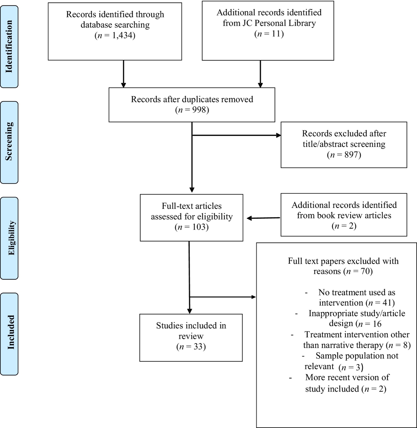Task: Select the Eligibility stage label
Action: coord(11,238)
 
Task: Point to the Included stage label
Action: coord(11,332)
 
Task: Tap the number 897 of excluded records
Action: coord(351,155)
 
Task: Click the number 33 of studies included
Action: coord(198,347)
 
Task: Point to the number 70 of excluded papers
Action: coord(365,271)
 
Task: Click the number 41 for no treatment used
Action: coord(387,303)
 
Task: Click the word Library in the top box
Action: coord(302,23)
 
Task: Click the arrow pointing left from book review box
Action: coord(263,218)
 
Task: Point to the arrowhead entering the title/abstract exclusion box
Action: coord(279,135)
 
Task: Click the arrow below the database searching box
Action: coord(123,74)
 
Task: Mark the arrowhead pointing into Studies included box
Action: coord(189,311)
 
